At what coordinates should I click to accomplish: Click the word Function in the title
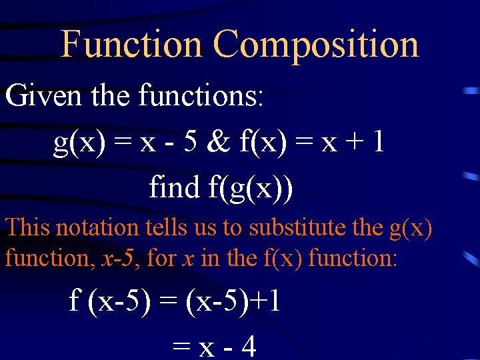point(131,45)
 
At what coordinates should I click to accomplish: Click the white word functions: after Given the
point(202,97)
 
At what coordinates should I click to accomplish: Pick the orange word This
point(27,227)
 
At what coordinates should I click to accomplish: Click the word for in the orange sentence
point(161,257)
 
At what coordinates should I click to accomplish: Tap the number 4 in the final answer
point(248,347)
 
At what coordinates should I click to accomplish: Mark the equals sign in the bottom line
point(179,347)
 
